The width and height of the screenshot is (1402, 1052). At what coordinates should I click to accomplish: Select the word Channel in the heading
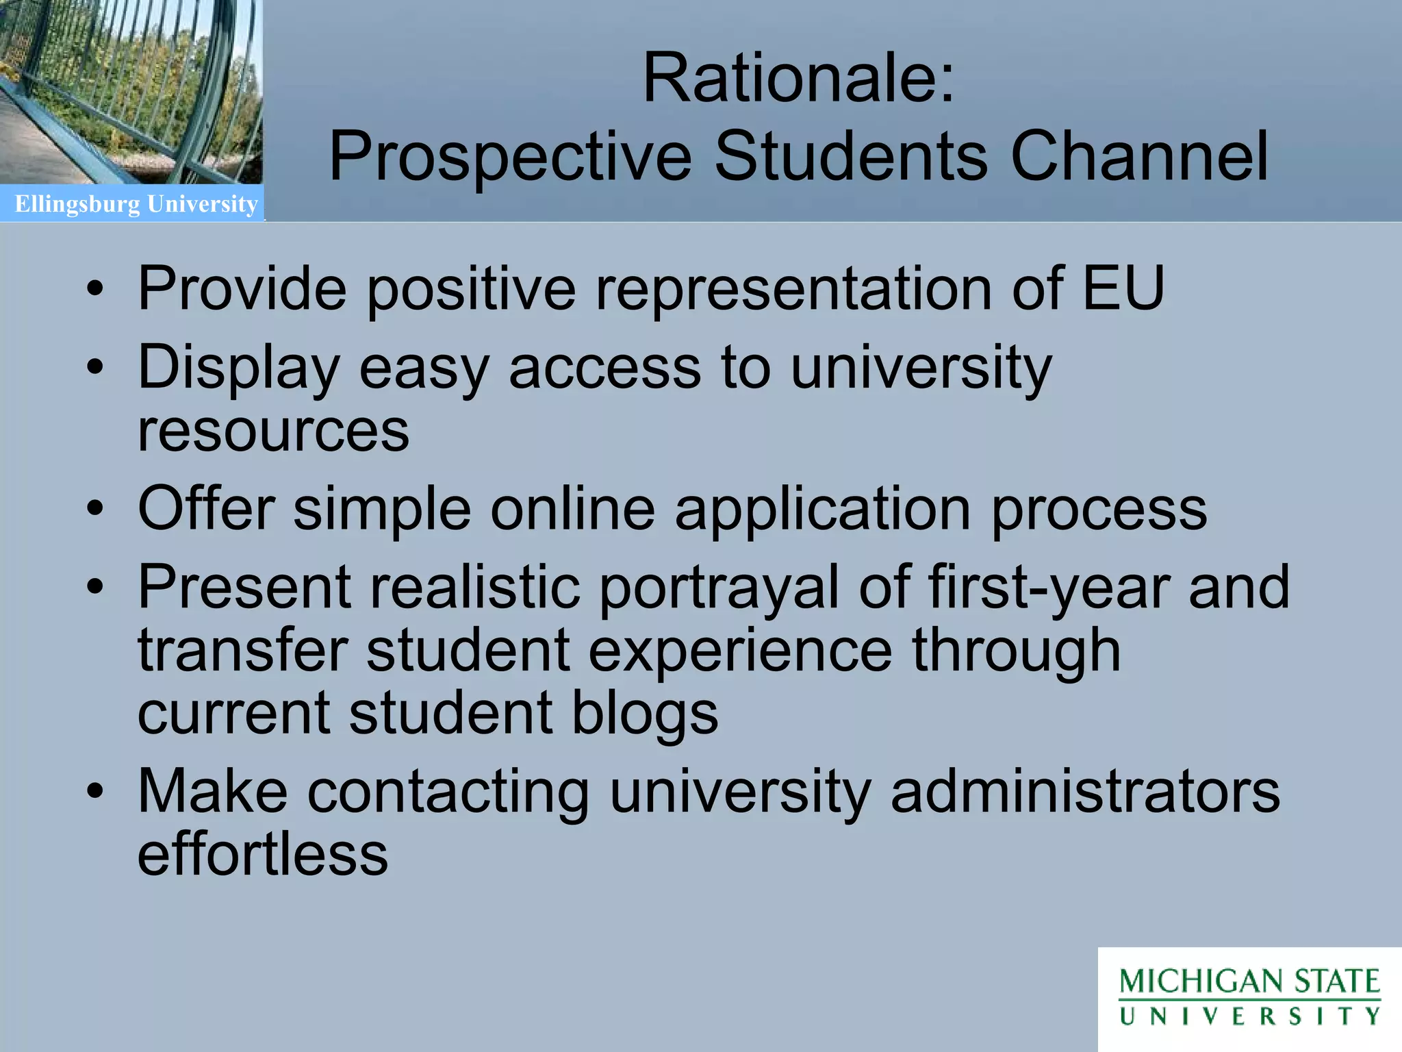coord(1140,157)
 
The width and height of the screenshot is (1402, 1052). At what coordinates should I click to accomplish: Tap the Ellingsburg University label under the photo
coord(136,204)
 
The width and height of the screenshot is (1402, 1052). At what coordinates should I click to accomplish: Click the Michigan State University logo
coord(1249,997)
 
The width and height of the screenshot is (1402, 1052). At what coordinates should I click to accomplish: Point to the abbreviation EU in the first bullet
coord(1123,288)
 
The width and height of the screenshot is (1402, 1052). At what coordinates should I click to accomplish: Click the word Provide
coord(242,288)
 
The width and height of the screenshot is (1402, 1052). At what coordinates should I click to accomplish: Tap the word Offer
coord(206,508)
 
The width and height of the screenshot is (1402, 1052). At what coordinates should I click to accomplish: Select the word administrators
coord(1085,792)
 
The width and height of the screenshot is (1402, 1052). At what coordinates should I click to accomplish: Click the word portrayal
coord(719,588)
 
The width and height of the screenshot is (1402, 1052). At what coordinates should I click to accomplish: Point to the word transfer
coord(242,650)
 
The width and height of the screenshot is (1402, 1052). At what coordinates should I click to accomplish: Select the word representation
coord(793,288)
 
